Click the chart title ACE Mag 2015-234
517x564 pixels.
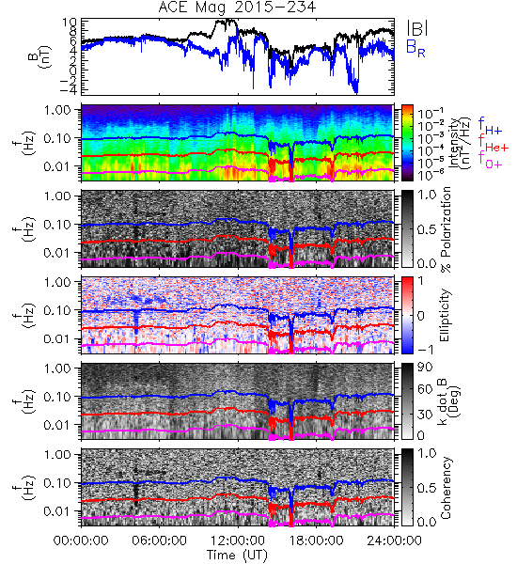(x=237, y=8)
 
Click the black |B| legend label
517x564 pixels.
(x=417, y=28)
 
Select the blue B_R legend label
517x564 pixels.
(x=415, y=48)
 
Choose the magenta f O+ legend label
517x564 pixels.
(x=490, y=160)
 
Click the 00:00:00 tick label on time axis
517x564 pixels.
(x=81, y=540)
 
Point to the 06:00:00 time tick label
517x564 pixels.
(x=160, y=540)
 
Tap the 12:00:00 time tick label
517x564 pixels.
(x=238, y=540)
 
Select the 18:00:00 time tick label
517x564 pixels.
(x=316, y=540)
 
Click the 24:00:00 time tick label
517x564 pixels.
(x=394, y=540)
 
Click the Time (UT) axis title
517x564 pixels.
(x=238, y=556)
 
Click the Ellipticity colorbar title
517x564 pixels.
(x=445, y=315)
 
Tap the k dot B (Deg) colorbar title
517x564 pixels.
(x=448, y=400)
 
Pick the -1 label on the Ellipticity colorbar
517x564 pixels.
(x=426, y=350)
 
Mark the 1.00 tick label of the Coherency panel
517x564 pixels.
(x=58, y=454)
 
